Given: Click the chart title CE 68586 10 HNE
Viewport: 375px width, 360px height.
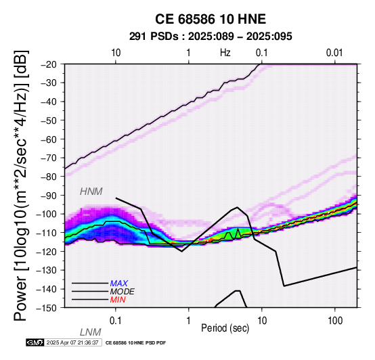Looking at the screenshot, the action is [211, 19].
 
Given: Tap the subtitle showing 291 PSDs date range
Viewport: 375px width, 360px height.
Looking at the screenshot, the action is [211, 37].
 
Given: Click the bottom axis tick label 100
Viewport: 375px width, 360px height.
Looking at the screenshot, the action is [335, 321].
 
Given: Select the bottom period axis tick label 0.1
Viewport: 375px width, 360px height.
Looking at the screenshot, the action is [116, 321].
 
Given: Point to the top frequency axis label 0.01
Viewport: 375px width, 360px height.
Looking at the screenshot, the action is [334, 53].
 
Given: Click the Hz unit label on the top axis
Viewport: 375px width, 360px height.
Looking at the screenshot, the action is [225, 53].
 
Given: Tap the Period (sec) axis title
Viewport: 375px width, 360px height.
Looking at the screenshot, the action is [225, 328].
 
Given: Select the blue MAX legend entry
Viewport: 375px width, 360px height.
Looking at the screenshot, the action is [119, 284].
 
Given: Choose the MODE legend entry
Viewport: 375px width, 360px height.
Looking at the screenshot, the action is [123, 292].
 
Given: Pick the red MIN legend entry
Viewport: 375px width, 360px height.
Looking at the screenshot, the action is [118, 300].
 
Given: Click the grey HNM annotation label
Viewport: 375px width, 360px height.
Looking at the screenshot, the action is [91, 192].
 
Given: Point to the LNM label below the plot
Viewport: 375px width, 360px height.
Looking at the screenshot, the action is [91, 332].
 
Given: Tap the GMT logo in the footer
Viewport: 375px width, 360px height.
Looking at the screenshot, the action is [35, 342].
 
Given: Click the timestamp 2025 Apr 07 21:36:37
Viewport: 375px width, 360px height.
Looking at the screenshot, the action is [72, 342].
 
